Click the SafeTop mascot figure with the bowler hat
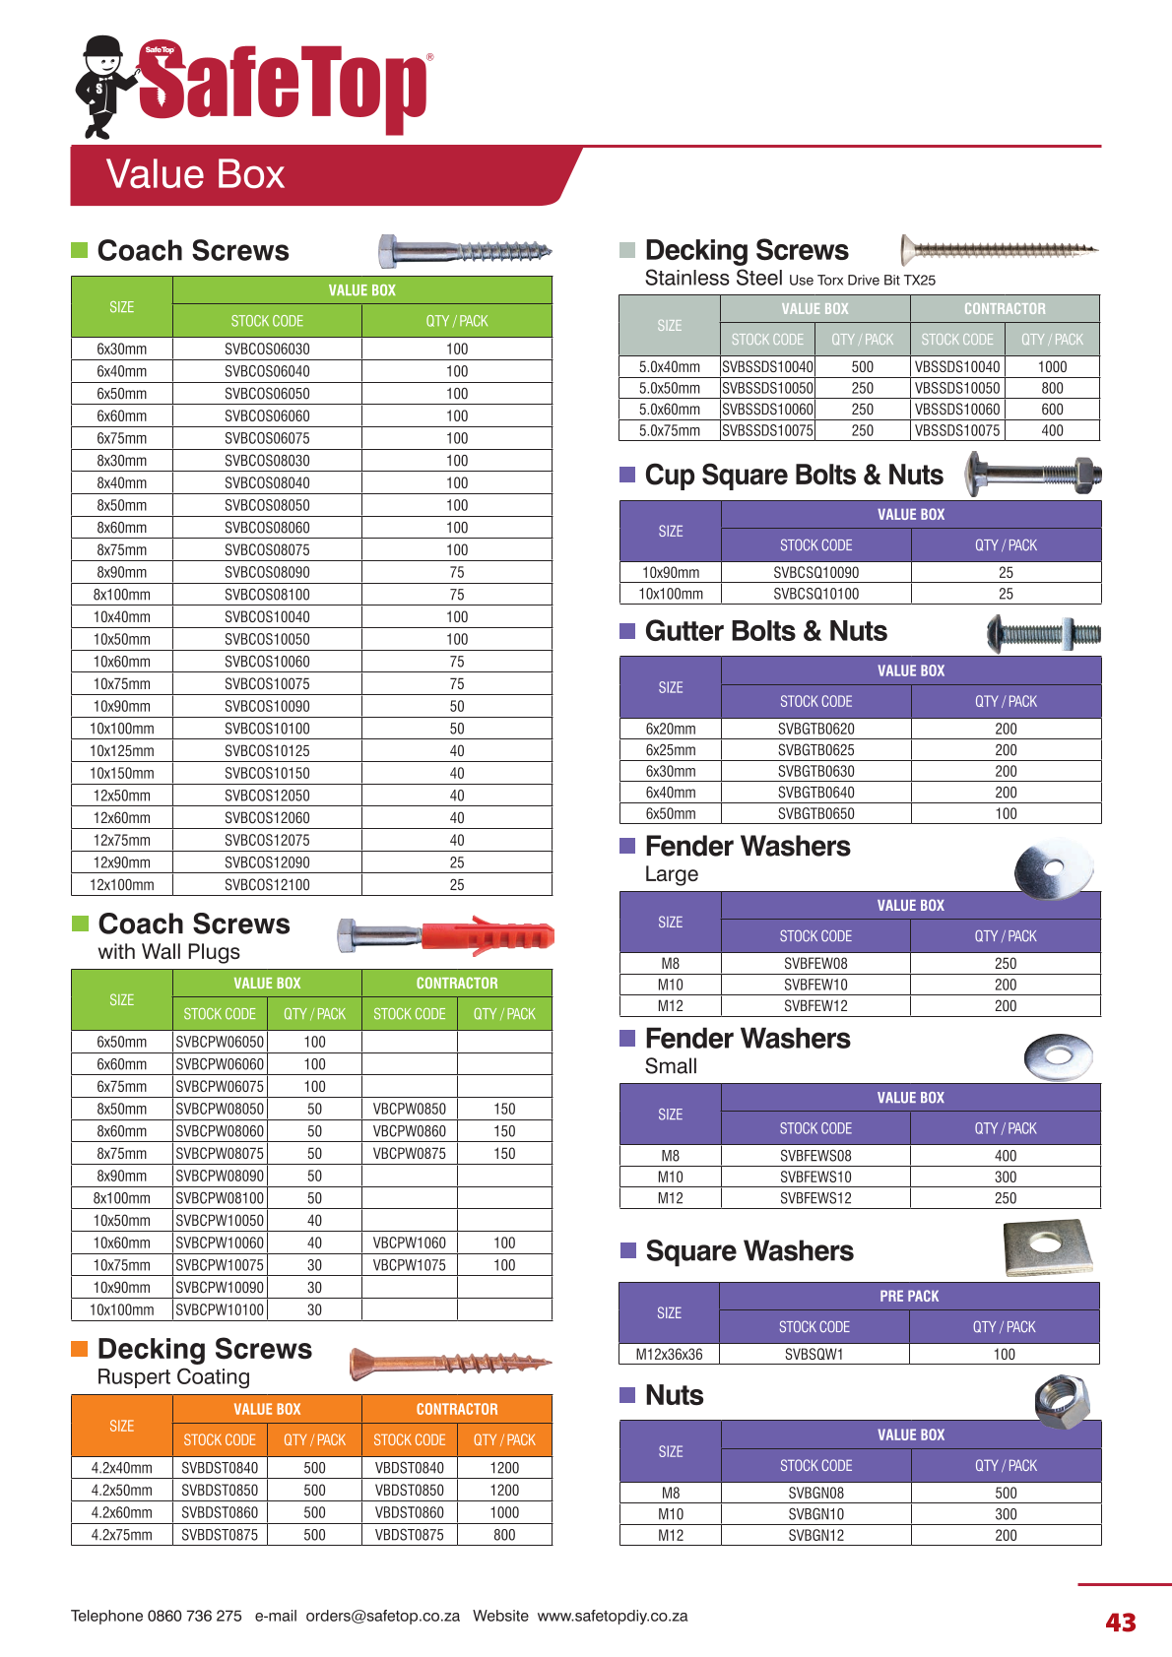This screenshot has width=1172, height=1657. click(102, 87)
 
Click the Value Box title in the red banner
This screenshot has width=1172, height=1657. click(195, 174)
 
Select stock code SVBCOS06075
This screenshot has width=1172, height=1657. click(267, 438)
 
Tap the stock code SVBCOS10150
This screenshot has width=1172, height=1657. click(267, 773)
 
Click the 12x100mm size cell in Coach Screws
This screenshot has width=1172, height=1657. click(122, 884)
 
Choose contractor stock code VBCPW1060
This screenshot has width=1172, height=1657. click(410, 1243)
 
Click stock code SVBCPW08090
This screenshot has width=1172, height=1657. click(220, 1176)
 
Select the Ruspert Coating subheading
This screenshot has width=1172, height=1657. click(173, 1376)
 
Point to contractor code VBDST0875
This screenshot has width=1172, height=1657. click(410, 1534)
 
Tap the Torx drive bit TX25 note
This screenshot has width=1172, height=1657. click(862, 280)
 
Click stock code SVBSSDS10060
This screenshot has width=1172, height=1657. click(768, 410)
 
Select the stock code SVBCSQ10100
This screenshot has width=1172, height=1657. click(815, 594)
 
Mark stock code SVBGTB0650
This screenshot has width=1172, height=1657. click(815, 813)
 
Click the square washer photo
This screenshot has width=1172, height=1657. click(1048, 1247)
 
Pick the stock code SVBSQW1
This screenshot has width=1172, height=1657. click(814, 1354)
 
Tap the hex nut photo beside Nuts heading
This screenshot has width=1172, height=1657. click(1062, 1398)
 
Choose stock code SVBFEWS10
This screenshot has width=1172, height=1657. click(815, 1177)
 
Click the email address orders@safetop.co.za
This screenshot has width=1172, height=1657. click(382, 1616)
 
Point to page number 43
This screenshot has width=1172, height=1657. click(1121, 1623)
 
